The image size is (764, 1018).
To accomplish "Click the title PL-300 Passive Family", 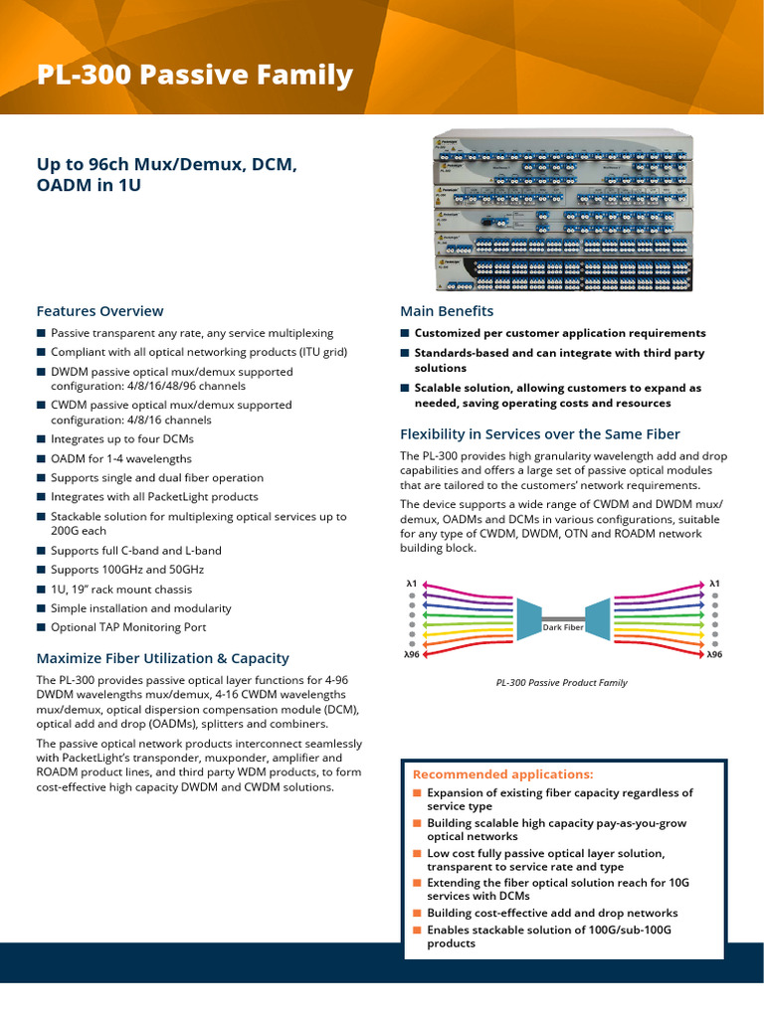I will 194,75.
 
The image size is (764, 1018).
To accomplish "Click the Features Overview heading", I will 99,311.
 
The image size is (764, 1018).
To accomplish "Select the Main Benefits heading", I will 447,311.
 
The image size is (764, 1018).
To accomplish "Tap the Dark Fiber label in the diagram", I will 562,627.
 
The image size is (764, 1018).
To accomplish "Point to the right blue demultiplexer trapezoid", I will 598,617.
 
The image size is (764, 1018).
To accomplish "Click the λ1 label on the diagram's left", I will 411,584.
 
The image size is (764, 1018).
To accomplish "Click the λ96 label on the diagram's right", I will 713,655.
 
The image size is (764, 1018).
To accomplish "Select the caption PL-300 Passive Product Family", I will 562,683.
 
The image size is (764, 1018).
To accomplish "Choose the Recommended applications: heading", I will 502,774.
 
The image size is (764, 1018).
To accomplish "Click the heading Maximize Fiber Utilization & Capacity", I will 162,658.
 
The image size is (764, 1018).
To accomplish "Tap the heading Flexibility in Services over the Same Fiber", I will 539,434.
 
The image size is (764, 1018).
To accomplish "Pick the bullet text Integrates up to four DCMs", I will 122,438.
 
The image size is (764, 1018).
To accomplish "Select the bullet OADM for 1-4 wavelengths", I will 121,458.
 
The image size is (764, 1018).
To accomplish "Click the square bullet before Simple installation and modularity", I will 41,608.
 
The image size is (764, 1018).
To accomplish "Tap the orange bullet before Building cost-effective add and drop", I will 418,913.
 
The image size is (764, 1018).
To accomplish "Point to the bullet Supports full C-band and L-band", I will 136,551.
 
